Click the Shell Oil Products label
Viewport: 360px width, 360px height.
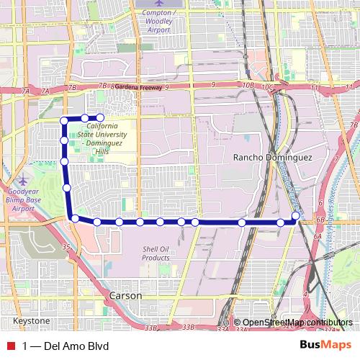[x=155, y=253]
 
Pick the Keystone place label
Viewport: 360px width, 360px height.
[x=30, y=320]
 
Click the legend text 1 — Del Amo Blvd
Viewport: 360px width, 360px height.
[x=66, y=346]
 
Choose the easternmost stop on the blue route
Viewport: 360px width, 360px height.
[x=297, y=216]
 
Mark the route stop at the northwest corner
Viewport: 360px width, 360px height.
[x=65, y=119]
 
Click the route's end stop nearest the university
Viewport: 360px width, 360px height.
[x=100, y=117]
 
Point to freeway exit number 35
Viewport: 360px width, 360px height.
[x=66, y=247]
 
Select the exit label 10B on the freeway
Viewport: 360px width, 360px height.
[x=249, y=86]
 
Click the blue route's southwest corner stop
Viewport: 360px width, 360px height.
[x=74, y=218]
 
